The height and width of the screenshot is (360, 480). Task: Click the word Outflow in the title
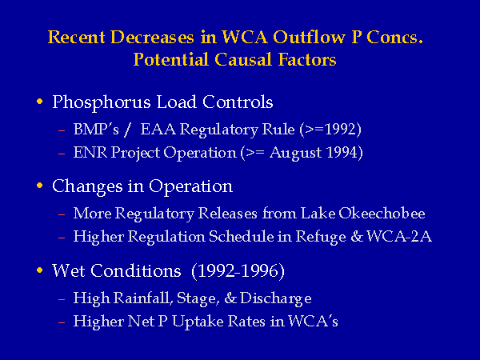click(309, 37)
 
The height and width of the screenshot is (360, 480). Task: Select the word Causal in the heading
click(242, 59)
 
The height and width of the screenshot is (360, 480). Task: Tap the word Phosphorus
click(102, 103)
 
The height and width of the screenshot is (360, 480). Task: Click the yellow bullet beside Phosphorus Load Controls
click(39, 102)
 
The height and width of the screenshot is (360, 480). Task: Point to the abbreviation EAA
click(158, 130)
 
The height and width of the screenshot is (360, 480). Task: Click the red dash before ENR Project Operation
click(62, 153)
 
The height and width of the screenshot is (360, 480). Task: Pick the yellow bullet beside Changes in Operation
click(39, 186)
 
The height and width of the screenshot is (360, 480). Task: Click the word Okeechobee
click(382, 214)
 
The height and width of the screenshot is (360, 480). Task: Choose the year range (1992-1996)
click(238, 271)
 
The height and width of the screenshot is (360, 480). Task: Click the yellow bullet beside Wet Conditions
click(39, 270)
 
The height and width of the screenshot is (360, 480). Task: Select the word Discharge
click(276, 298)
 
